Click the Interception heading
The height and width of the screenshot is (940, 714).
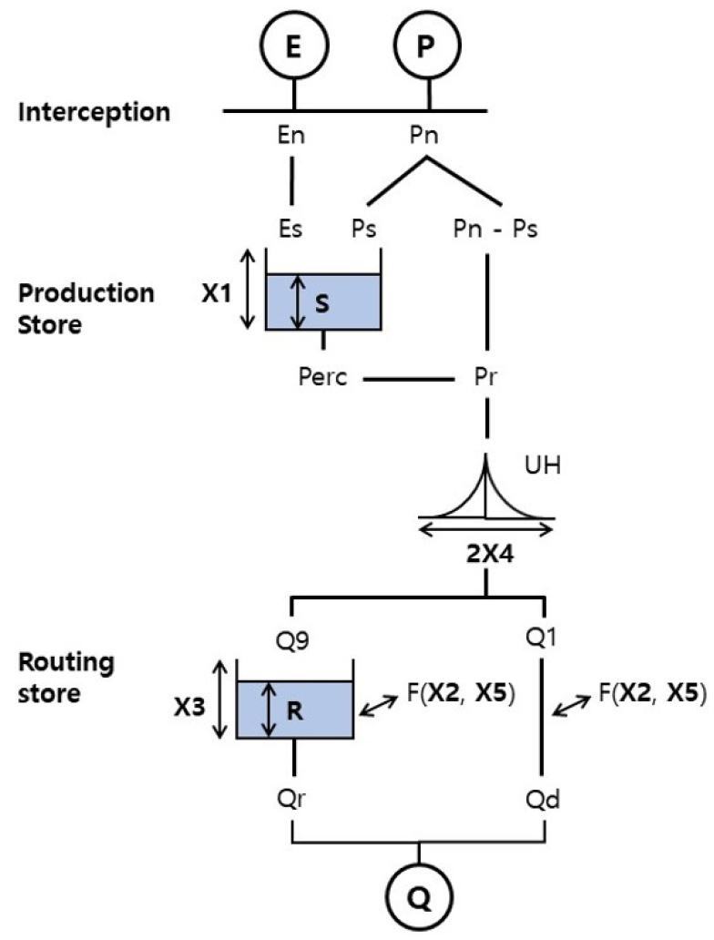coord(94,113)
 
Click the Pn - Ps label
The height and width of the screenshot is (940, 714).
coord(495,229)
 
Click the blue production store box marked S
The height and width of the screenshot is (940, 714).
coord(322,303)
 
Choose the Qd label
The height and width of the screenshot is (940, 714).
coord(545,802)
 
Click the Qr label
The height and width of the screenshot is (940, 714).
coord(292,802)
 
